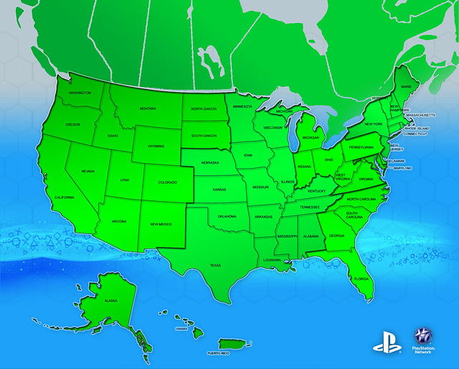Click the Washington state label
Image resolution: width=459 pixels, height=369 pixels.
tap(80, 93)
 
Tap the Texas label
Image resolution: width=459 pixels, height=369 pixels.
tap(215, 265)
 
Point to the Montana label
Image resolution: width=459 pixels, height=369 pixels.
tap(148, 108)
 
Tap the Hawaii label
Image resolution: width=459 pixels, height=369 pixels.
tap(181, 329)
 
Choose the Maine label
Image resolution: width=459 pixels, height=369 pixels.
tap(406, 87)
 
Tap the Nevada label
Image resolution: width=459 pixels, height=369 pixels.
tap(88, 171)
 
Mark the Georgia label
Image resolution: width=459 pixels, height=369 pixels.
tap(337, 235)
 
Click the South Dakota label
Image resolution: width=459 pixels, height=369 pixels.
tap(204, 135)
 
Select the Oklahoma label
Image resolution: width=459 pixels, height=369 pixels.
tap(227, 215)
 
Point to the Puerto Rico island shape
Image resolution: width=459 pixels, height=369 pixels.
tap(230, 345)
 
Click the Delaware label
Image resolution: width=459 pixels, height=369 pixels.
tap(397, 161)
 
